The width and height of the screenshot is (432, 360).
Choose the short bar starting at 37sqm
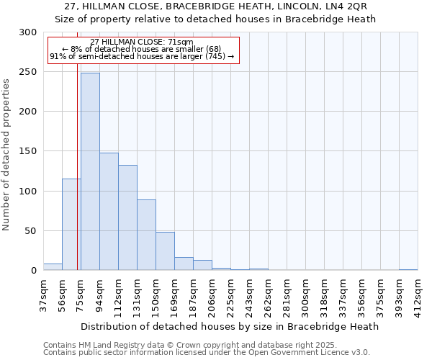coord(53,267)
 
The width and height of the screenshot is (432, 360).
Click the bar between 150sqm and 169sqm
coord(165,251)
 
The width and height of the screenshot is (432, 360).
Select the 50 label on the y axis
coord(31,231)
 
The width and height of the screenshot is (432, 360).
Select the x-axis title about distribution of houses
coord(229,326)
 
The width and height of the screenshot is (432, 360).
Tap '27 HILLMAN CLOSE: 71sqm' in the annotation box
coord(142,42)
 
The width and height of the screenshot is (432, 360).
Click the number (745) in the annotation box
coord(215,56)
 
